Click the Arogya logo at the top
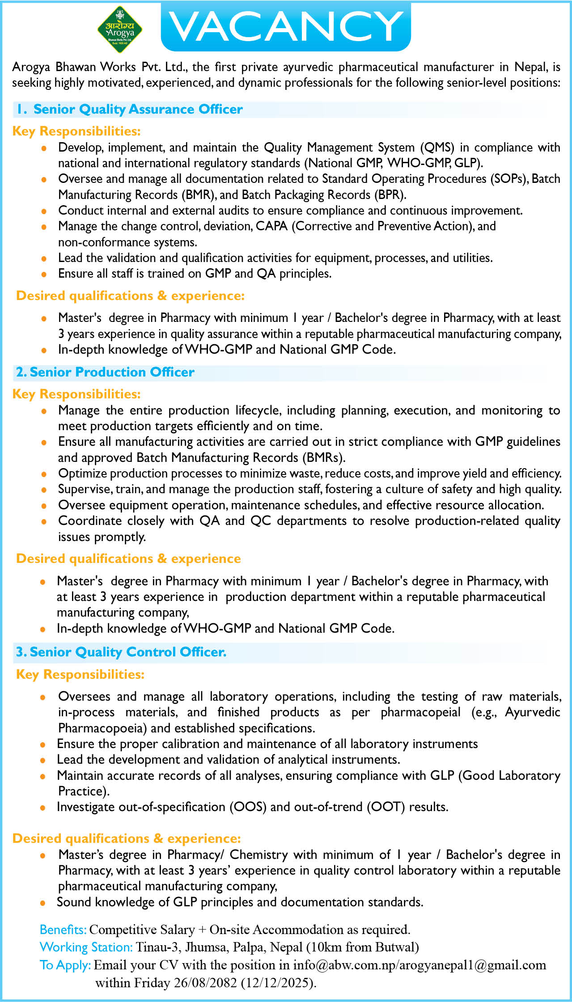120,30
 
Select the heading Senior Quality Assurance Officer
138,109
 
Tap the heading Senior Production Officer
112,372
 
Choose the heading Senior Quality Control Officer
128,652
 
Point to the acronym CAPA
271,226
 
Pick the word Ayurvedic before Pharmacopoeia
532,712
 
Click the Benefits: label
63,930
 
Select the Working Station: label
86,947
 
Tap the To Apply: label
65,965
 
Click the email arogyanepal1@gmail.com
472,965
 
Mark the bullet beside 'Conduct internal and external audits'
43,211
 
